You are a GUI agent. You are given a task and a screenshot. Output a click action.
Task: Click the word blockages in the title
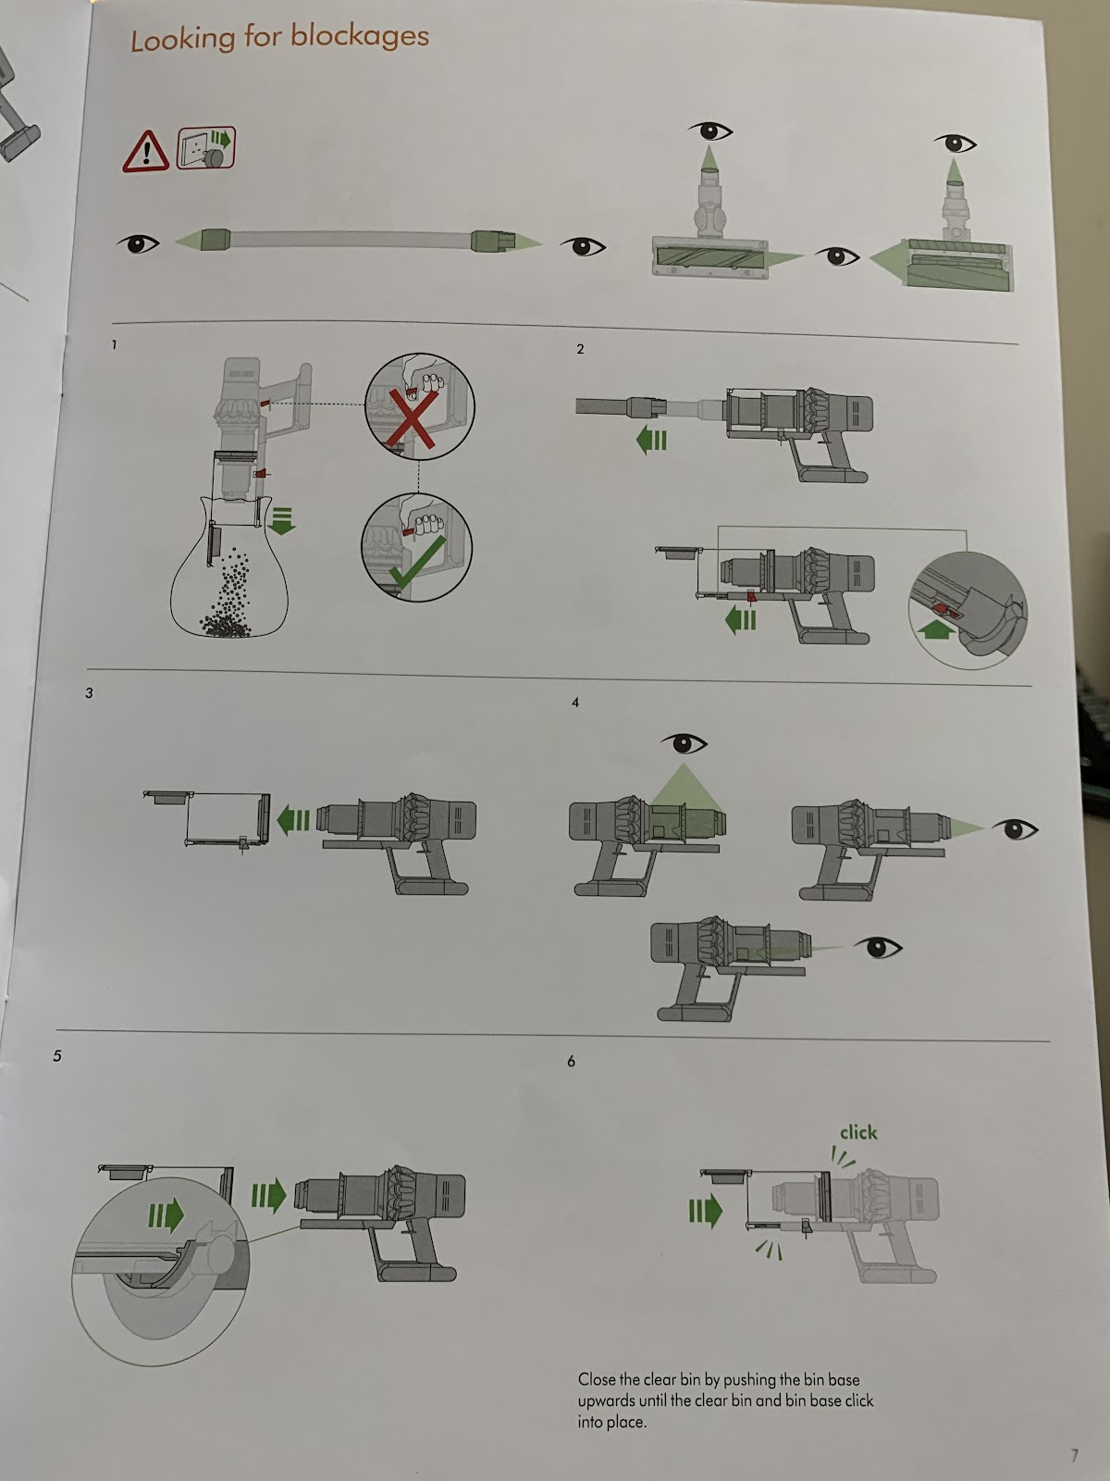(359, 37)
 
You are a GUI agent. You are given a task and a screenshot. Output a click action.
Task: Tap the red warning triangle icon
(145, 151)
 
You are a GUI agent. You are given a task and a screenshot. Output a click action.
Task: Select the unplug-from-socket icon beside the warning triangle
(206, 148)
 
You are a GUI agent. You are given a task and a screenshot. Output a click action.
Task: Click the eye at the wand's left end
(139, 243)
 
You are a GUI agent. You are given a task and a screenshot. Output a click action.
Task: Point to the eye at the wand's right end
(583, 246)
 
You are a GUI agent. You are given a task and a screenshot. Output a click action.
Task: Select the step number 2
(580, 349)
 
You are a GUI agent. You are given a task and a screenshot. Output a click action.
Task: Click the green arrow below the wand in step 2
(652, 441)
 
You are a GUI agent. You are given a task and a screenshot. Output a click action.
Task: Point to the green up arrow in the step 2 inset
(936, 630)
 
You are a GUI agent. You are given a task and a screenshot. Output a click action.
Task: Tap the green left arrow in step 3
(293, 819)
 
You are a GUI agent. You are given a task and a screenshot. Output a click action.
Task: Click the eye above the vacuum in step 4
(684, 742)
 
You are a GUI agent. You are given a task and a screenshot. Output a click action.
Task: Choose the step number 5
(57, 1055)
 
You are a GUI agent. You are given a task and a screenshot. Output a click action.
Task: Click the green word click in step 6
(857, 1132)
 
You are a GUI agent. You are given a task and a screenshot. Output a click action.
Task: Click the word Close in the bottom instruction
(598, 1379)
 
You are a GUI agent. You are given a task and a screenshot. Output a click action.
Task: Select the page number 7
(1074, 1456)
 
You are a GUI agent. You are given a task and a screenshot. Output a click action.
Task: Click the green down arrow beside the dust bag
(282, 520)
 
